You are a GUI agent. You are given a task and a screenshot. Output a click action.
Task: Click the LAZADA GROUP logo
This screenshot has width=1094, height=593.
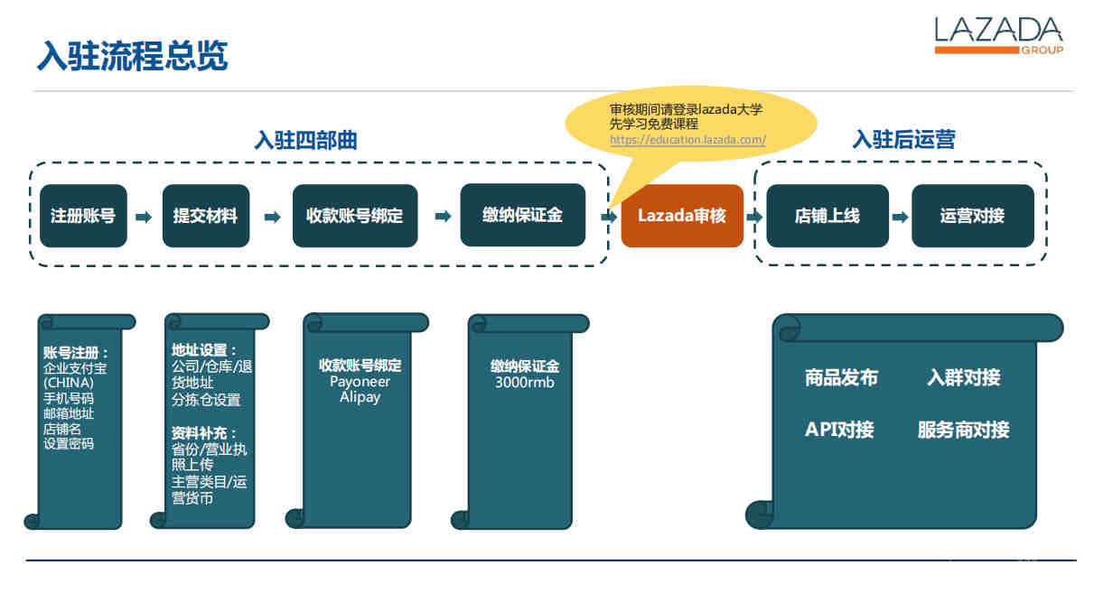[999, 35]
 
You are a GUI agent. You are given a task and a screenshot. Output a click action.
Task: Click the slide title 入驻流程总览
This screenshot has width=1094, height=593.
[133, 56]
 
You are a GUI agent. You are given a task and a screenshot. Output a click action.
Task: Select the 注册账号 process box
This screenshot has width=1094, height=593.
[83, 216]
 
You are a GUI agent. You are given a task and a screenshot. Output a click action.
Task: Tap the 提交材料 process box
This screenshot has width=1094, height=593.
[206, 216]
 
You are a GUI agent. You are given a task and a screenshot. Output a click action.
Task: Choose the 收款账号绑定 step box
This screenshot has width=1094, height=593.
[355, 216]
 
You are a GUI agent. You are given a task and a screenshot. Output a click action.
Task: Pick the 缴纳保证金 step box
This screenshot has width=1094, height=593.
[522, 215]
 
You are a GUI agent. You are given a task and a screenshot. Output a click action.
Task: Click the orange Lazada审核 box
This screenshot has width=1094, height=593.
[682, 216]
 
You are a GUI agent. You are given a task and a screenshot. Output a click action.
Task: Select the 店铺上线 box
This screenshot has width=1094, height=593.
[828, 216]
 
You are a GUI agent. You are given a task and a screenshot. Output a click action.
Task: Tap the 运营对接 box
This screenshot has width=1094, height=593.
[972, 216]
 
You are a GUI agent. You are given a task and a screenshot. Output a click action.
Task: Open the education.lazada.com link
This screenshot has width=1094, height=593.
[687, 140]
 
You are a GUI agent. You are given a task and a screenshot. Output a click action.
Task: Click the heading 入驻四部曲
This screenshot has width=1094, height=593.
[305, 141]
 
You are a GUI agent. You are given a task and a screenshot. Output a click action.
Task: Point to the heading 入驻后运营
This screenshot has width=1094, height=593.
[903, 140]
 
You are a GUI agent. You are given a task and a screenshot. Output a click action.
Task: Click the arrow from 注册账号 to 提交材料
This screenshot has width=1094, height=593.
[144, 217]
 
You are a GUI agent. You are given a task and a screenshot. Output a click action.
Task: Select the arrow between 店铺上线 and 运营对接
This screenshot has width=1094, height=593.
[900, 217]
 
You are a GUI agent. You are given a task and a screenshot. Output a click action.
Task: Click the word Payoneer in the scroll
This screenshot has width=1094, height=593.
[360, 382]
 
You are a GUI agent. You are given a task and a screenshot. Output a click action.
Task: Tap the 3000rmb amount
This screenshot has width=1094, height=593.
[525, 382]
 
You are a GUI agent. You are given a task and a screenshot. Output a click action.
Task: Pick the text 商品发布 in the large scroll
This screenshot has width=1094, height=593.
[841, 378]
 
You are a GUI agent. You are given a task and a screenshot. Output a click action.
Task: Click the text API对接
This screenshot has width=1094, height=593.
[839, 430]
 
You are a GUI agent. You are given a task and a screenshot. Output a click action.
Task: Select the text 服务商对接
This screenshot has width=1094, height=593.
[964, 430]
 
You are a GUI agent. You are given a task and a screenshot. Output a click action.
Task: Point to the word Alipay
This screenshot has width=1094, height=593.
[360, 397]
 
